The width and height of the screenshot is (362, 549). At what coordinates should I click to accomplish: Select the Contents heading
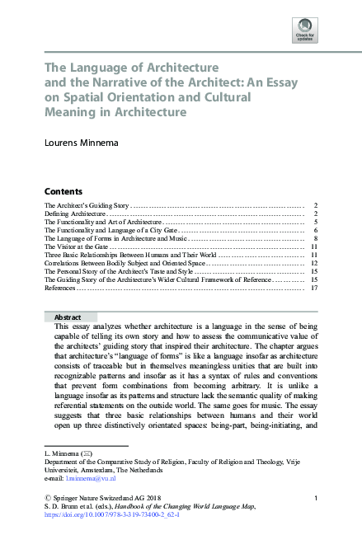[x=63, y=190]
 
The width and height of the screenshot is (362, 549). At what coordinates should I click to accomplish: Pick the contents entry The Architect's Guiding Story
[x=87, y=202]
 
